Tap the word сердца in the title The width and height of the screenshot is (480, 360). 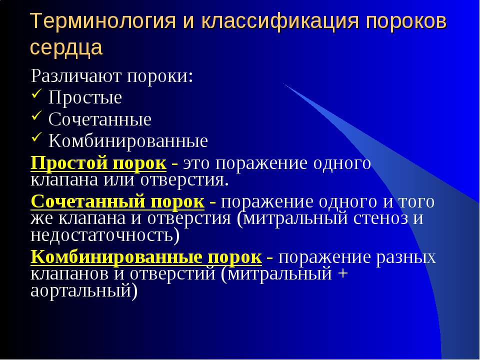tap(66, 47)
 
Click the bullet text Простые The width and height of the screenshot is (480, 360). tap(85, 98)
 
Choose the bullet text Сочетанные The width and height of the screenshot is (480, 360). tap(100, 119)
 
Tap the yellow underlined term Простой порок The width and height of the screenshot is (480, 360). tap(98, 163)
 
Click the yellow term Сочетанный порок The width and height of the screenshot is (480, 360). tap(117, 201)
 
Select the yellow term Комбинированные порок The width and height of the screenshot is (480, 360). tap(146, 257)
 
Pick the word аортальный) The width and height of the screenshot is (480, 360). tap(83, 290)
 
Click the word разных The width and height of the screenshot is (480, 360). tap(407, 257)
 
